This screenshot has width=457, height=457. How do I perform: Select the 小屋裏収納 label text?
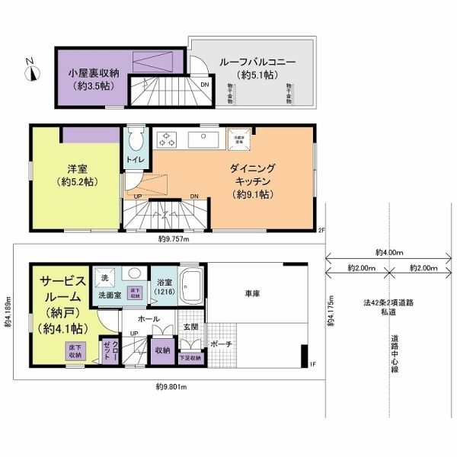[x=91, y=74]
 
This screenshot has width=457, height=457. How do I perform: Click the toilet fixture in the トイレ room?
[x=136, y=139]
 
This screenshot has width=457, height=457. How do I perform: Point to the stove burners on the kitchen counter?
[x=168, y=140]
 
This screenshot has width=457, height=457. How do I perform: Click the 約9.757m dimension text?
[x=174, y=238]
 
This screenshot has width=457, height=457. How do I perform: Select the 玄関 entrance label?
[x=190, y=327]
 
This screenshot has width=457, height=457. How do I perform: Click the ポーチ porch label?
[x=222, y=344]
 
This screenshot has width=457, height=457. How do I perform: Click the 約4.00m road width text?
[x=389, y=251]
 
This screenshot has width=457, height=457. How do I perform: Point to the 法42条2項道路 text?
[x=388, y=302]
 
